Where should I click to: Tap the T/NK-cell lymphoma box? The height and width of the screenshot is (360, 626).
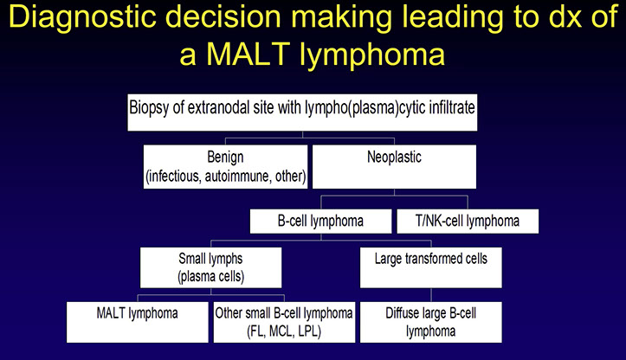468,220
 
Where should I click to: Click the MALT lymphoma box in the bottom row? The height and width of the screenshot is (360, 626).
139,321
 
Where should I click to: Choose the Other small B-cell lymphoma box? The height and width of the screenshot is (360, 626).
283,321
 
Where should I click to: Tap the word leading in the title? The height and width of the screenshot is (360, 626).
410,21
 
